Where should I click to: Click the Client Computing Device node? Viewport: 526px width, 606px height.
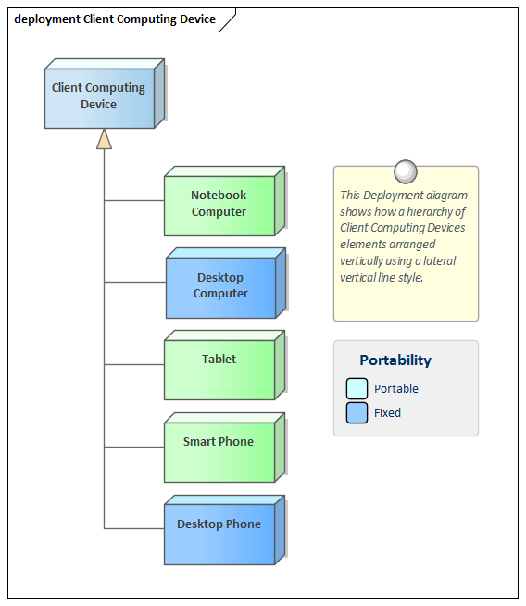105,94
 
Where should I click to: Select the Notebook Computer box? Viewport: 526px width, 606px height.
224,201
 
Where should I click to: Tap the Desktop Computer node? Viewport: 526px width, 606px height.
226,284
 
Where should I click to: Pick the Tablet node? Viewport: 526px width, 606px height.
224,365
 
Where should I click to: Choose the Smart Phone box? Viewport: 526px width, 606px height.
224,448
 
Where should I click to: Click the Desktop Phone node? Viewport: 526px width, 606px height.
224,530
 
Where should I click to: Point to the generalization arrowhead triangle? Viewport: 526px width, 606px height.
104,139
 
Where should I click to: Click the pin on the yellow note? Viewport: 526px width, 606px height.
406,171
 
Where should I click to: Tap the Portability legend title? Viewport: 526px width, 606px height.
395,360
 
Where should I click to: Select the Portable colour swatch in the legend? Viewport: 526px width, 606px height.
357,388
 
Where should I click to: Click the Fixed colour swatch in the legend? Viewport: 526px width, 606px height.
357,412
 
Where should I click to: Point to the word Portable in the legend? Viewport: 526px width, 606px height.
396,388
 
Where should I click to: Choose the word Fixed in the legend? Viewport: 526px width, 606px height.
387,412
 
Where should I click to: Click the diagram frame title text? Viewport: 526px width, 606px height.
115,19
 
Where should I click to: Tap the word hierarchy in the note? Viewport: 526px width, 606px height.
430,212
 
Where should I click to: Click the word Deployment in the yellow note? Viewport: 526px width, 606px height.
391,196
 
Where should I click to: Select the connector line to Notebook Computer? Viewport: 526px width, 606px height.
134,200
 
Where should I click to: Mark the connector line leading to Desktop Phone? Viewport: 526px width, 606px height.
134,528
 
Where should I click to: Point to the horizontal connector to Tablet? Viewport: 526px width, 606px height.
134,364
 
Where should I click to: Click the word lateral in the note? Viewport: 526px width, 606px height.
440,261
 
